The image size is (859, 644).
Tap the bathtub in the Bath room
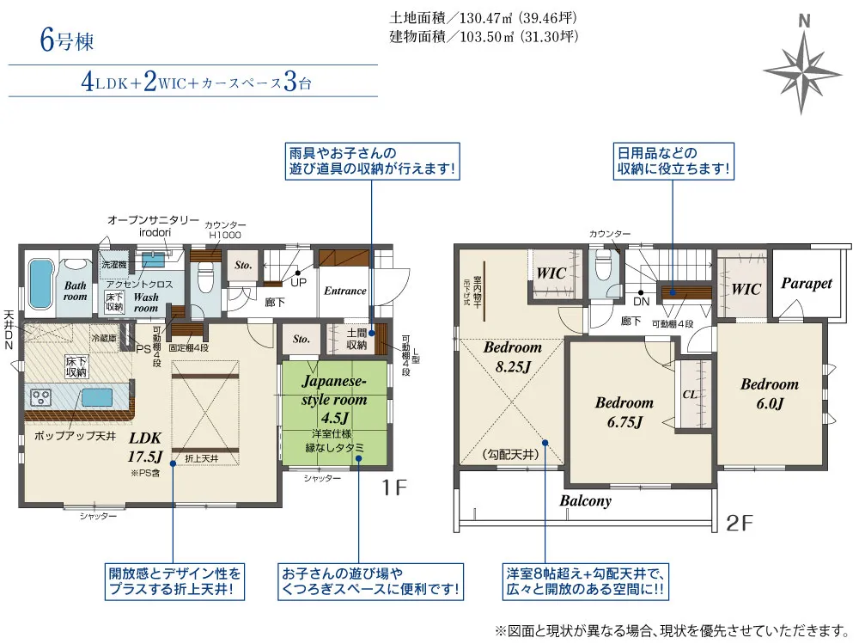40,285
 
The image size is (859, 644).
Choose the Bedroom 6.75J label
624,412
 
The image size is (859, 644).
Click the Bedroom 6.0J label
769,394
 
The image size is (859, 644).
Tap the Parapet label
806,283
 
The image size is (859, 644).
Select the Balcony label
586,500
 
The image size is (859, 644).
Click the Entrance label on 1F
344,291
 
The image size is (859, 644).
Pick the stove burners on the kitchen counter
42,398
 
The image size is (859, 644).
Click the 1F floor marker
394,488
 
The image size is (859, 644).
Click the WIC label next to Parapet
746,290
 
